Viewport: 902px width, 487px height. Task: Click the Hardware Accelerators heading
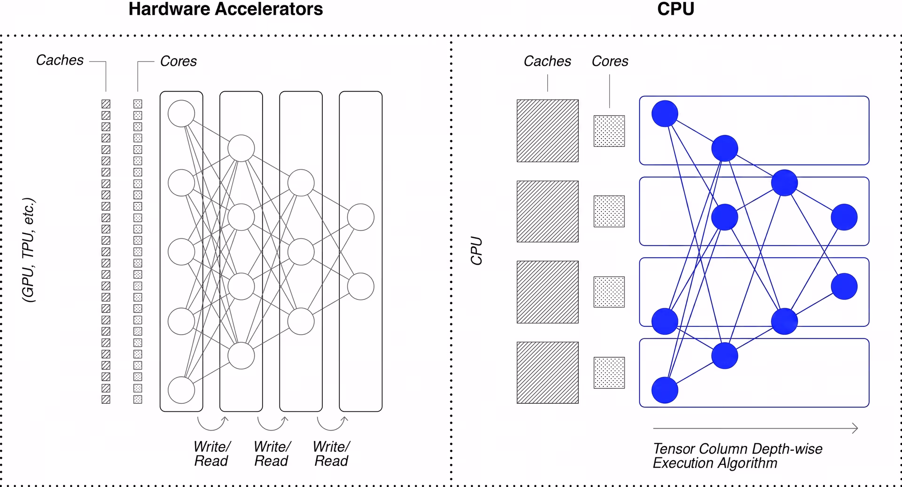(225, 9)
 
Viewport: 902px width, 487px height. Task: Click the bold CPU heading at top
(676, 9)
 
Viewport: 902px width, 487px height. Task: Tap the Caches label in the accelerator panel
(60, 60)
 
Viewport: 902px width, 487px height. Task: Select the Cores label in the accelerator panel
(179, 61)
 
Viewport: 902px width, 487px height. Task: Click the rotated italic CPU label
(476, 251)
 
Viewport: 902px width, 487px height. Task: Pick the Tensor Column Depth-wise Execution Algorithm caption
(738, 456)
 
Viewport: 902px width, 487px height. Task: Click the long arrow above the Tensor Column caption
(755, 428)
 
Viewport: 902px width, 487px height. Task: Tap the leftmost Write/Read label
(212, 454)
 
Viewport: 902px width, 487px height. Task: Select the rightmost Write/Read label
(331, 454)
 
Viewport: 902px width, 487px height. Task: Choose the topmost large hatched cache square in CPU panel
(548, 131)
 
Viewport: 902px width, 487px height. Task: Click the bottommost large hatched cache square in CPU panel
(548, 373)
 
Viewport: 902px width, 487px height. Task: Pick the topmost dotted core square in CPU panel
(609, 131)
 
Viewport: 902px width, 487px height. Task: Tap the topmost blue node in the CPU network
(665, 114)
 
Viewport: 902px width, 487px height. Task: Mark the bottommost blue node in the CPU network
(665, 390)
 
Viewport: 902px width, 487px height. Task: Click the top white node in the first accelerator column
(181, 113)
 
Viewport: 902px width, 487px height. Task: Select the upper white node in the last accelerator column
(361, 217)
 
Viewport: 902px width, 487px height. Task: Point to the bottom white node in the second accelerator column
(241, 356)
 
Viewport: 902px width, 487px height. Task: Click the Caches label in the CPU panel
(547, 61)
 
